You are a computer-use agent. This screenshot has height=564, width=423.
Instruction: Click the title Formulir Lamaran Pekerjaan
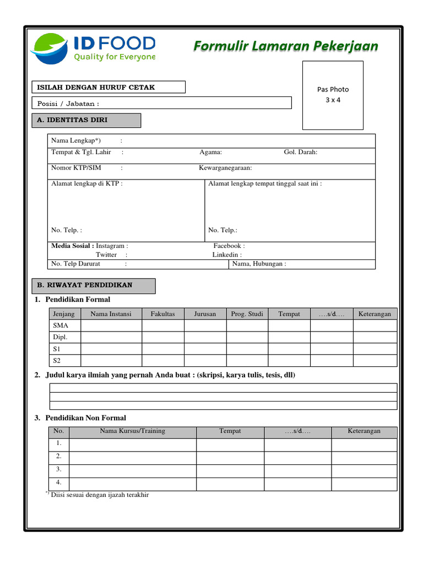point(285,46)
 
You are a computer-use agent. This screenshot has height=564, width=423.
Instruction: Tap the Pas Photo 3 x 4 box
point(333,94)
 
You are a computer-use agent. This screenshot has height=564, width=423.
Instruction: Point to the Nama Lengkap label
point(76,140)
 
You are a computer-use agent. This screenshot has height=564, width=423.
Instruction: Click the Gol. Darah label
point(300,152)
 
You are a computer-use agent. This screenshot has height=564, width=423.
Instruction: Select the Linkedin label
point(227,254)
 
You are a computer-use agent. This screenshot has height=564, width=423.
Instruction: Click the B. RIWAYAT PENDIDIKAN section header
point(93,286)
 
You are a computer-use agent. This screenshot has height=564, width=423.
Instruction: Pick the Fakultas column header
point(162,314)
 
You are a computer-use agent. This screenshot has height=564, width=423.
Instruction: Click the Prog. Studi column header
point(247,314)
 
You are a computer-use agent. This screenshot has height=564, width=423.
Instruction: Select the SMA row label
point(60,326)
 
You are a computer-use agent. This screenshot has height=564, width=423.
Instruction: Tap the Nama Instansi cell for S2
point(111,361)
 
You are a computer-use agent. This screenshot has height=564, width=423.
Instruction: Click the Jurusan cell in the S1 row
point(205,349)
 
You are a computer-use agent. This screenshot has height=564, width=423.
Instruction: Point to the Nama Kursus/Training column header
point(132,431)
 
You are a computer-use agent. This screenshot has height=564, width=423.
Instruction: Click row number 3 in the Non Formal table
point(59,470)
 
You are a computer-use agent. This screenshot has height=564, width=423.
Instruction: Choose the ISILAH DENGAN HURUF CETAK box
point(109,87)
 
